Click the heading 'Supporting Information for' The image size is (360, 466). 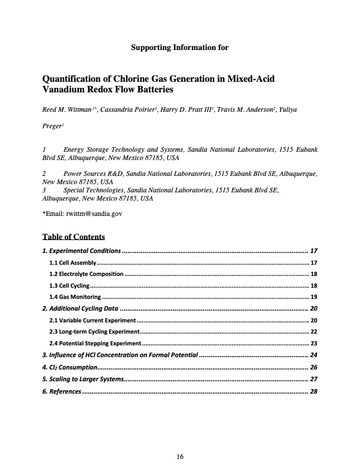click(179, 47)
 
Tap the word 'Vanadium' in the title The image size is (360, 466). click(65, 91)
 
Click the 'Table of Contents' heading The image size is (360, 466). click(74, 237)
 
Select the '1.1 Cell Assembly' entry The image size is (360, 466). click(72, 262)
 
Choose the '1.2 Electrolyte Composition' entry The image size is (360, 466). click(86, 274)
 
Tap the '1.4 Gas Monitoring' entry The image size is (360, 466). click(75, 297)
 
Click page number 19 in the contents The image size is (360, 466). click(314, 297)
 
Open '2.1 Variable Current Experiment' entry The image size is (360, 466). click(92, 320)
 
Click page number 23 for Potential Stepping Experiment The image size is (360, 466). click(314, 343)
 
